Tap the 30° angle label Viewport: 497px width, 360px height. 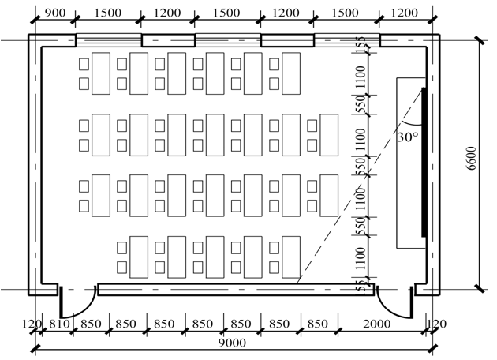(x=407, y=136)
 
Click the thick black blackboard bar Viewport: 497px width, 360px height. (x=424, y=161)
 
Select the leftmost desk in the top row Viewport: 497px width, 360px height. (x=101, y=73)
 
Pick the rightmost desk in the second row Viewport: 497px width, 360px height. (x=329, y=135)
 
